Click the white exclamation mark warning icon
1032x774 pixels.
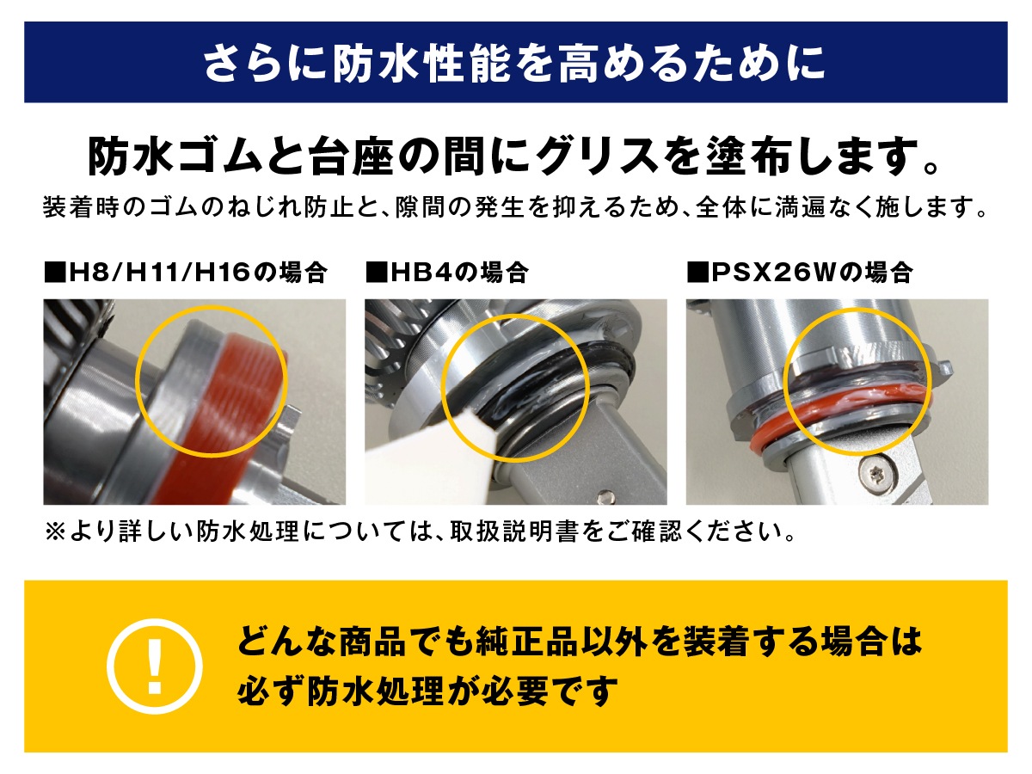point(154,666)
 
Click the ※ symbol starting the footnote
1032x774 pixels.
point(56,532)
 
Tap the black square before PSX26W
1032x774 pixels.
point(697,273)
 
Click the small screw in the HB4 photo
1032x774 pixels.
point(605,496)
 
